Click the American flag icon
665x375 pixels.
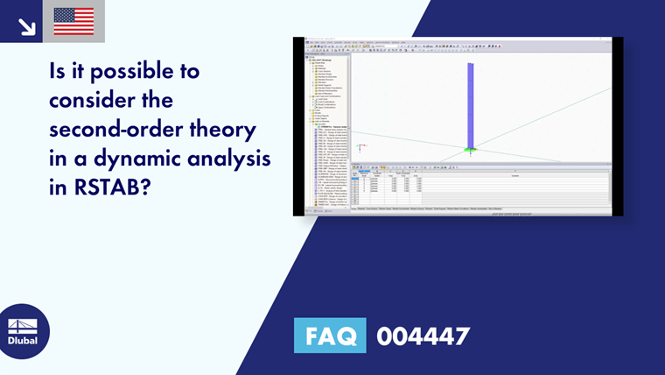coord(73,20)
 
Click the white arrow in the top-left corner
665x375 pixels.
coord(26,25)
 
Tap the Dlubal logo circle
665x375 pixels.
coord(23,332)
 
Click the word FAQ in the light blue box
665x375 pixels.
coord(330,336)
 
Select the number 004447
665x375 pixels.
coord(423,336)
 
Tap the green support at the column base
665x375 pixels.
coord(471,151)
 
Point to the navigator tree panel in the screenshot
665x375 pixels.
coord(325,131)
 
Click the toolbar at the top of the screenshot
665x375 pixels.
coord(455,46)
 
